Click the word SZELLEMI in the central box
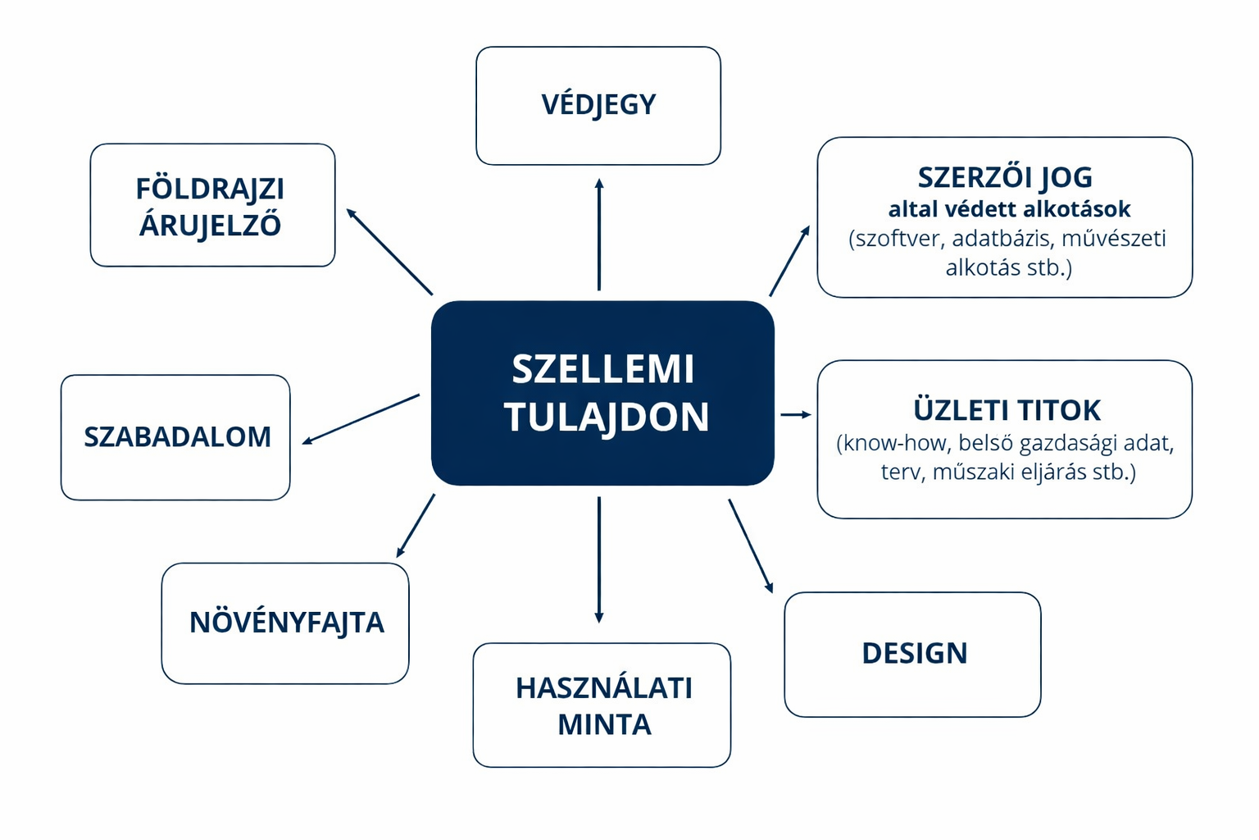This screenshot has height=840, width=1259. point(602,369)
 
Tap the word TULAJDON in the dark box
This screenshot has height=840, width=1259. point(607,417)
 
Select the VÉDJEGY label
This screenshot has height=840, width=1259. point(598,105)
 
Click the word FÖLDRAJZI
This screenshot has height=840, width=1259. point(210,189)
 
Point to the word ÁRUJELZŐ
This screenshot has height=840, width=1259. point(210,224)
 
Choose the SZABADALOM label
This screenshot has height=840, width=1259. point(178,436)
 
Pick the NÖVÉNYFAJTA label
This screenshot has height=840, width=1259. point(287,622)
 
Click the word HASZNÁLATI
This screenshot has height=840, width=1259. point(604,688)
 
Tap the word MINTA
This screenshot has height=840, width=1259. point(605,724)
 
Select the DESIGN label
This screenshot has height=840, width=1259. point(915,653)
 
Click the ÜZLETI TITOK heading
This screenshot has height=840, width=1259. point(1007,409)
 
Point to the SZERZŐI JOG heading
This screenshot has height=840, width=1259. point(1006,177)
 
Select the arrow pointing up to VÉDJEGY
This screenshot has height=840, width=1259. point(599,234)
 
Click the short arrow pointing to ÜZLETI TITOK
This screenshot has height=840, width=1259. point(796,414)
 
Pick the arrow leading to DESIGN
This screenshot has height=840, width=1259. point(751,546)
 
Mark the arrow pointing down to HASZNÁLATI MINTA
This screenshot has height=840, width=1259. point(599,559)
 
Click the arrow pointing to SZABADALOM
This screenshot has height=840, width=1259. point(361,419)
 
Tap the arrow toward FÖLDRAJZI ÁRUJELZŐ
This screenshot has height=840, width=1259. point(389,252)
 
